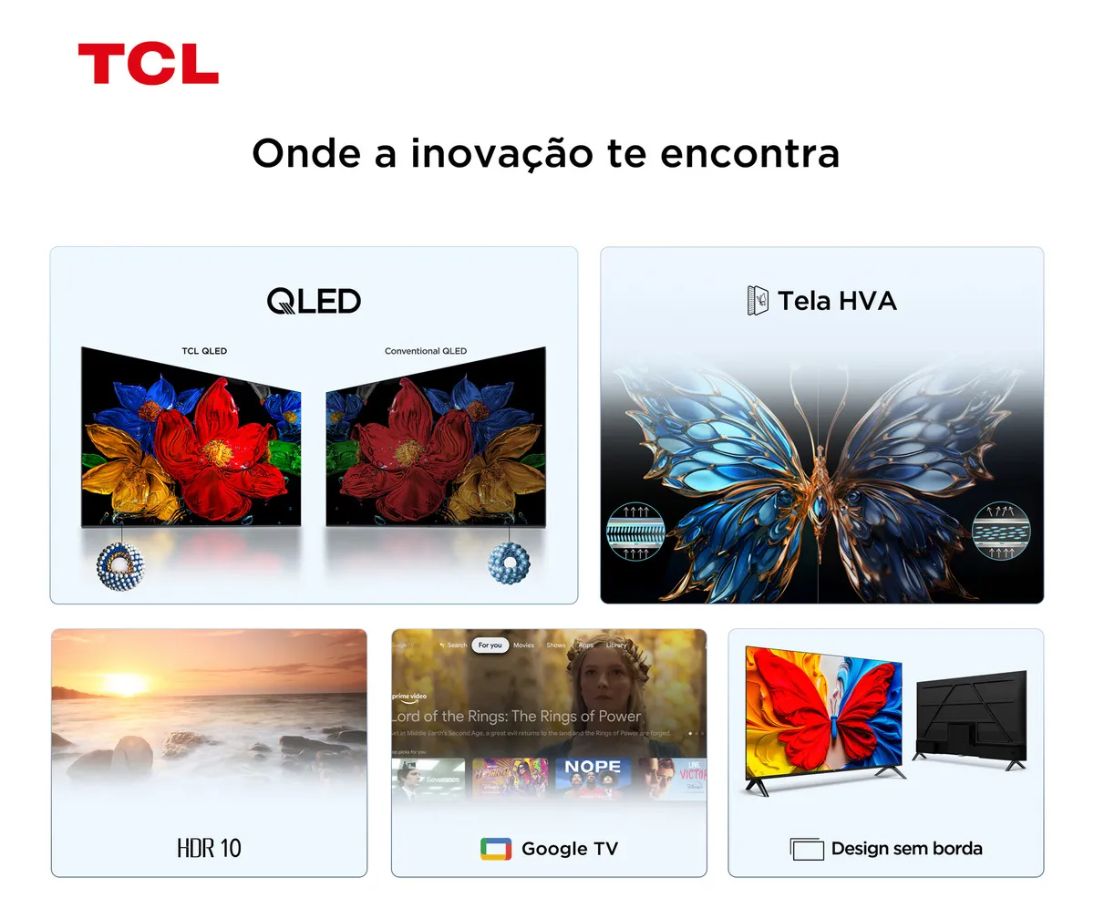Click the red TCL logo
coord(148,64)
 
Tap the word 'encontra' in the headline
coord(748,153)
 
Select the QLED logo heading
coord(314,301)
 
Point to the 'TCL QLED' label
coord(204,351)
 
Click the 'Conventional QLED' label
coord(425,351)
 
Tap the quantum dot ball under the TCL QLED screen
coord(116,565)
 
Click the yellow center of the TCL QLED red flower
coord(217,450)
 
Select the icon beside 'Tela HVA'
coord(758,301)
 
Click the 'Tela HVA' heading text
coord(837,301)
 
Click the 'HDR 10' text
coord(209,848)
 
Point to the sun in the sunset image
coord(124,683)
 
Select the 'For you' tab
coord(490,645)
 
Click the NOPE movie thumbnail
coord(593,777)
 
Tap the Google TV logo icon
coord(496,849)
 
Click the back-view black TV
coord(971,717)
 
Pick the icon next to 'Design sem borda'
coord(807,849)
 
